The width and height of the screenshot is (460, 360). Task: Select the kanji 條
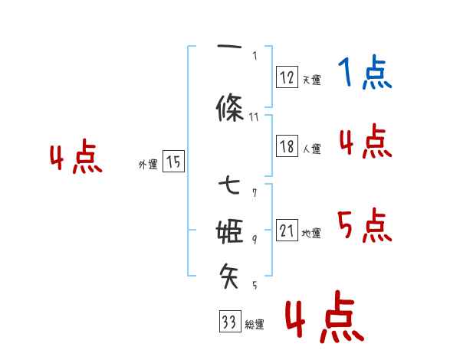coord(231,110)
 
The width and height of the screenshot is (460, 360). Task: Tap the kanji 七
coord(230,185)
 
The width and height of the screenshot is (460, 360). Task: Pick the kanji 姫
coord(231,231)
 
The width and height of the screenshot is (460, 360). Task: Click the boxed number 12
coord(287,77)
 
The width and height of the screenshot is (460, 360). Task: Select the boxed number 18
coord(287,146)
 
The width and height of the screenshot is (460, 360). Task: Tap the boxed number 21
coord(287,231)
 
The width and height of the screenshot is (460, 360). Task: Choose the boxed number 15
coord(173,162)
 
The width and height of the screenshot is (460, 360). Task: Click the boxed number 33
coord(228,322)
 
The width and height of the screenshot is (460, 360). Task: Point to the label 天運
coord(311,80)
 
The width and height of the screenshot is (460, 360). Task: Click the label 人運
coord(311,149)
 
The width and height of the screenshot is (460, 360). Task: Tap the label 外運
coord(148,164)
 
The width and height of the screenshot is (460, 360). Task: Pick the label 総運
coord(254,325)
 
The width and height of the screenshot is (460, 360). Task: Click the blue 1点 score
coord(365,74)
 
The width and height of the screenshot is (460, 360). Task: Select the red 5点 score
coord(365,226)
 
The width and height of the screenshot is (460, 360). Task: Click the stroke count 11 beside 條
coord(255,116)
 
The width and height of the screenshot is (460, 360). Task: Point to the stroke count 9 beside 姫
coord(255,239)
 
